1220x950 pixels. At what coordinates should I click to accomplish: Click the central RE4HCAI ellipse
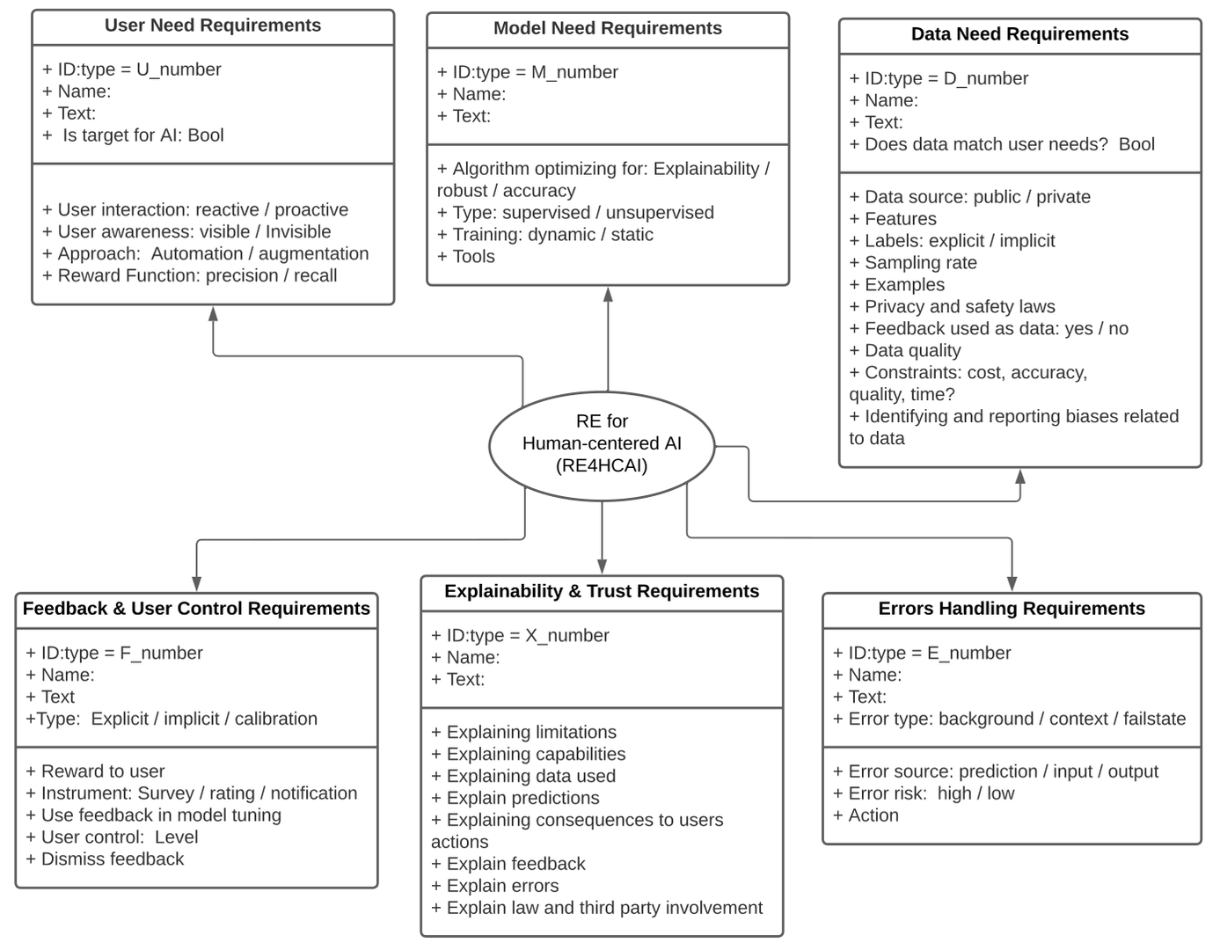(602, 444)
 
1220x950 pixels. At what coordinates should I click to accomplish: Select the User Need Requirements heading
(213, 26)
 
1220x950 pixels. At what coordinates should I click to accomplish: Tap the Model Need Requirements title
(607, 28)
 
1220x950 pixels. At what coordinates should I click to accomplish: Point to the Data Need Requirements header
(1019, 34)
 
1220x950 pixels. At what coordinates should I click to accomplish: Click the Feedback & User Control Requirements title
(196, 609)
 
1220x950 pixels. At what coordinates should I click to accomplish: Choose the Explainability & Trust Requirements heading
(602, 591)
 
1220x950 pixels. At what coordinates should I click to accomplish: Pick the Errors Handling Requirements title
(1012, 609)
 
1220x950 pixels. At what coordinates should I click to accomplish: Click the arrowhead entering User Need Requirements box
(213, 313)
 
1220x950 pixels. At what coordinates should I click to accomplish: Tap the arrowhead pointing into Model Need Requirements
(608, 294)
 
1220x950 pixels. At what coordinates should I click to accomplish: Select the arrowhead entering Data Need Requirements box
(1020, 476)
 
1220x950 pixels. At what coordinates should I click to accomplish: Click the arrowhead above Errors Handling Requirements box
(1012, 583)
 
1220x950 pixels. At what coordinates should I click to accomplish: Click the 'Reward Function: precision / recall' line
(197, 276)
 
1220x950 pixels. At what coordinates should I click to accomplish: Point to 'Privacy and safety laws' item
(960, 307)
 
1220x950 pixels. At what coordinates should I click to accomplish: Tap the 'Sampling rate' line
(920, 263)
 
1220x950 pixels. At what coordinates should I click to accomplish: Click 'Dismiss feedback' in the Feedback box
(113, 859)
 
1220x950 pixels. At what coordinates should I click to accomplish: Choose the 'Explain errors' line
(502, 886)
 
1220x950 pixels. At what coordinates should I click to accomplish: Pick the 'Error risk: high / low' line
(931, 793)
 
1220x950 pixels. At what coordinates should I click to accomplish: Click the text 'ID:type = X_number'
(527, 635)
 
